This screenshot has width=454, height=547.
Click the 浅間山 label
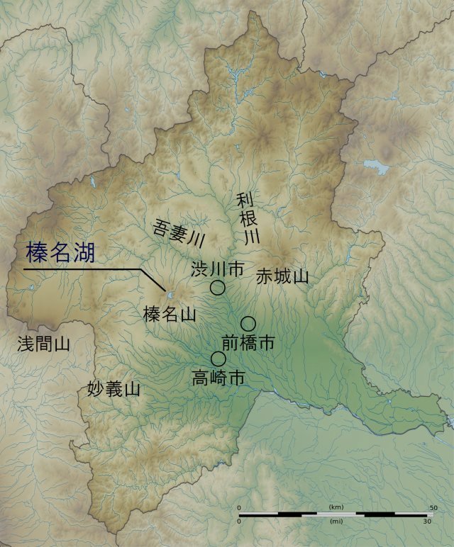pos(44,345)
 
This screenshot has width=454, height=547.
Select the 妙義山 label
pos(113,389)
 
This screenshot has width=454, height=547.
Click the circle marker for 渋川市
pos(218,288)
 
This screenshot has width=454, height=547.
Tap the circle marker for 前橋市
pos(248,324)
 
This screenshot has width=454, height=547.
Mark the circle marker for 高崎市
pos(218,359)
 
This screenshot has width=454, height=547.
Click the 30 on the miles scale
pos(427,521)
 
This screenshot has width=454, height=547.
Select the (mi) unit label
pos(337,521)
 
